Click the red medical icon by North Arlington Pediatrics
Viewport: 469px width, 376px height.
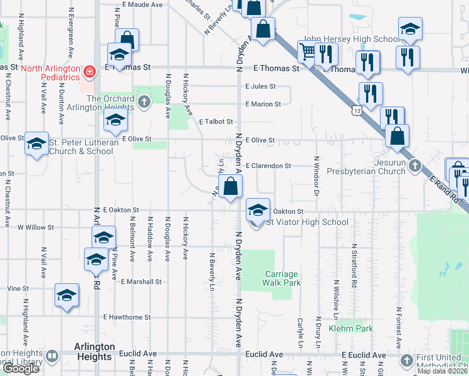90,72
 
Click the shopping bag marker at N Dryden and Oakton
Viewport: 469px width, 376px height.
230,186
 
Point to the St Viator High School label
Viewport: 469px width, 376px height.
307,222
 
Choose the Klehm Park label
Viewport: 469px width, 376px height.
355,328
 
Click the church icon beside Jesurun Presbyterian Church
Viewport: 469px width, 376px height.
414,166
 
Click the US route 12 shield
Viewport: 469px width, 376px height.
357,110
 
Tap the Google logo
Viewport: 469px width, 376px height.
21,368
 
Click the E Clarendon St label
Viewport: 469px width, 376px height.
268,166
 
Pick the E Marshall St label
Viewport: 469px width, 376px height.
142,282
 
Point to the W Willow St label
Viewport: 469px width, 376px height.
36,227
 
